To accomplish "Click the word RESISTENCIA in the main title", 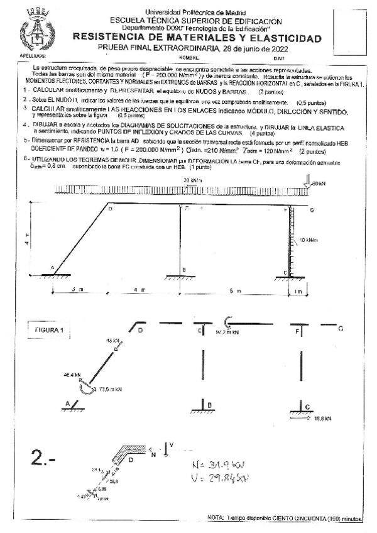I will (x=106, y=38).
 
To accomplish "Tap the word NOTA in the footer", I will (x=216, y=518).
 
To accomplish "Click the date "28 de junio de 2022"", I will (x=246, y=48).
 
